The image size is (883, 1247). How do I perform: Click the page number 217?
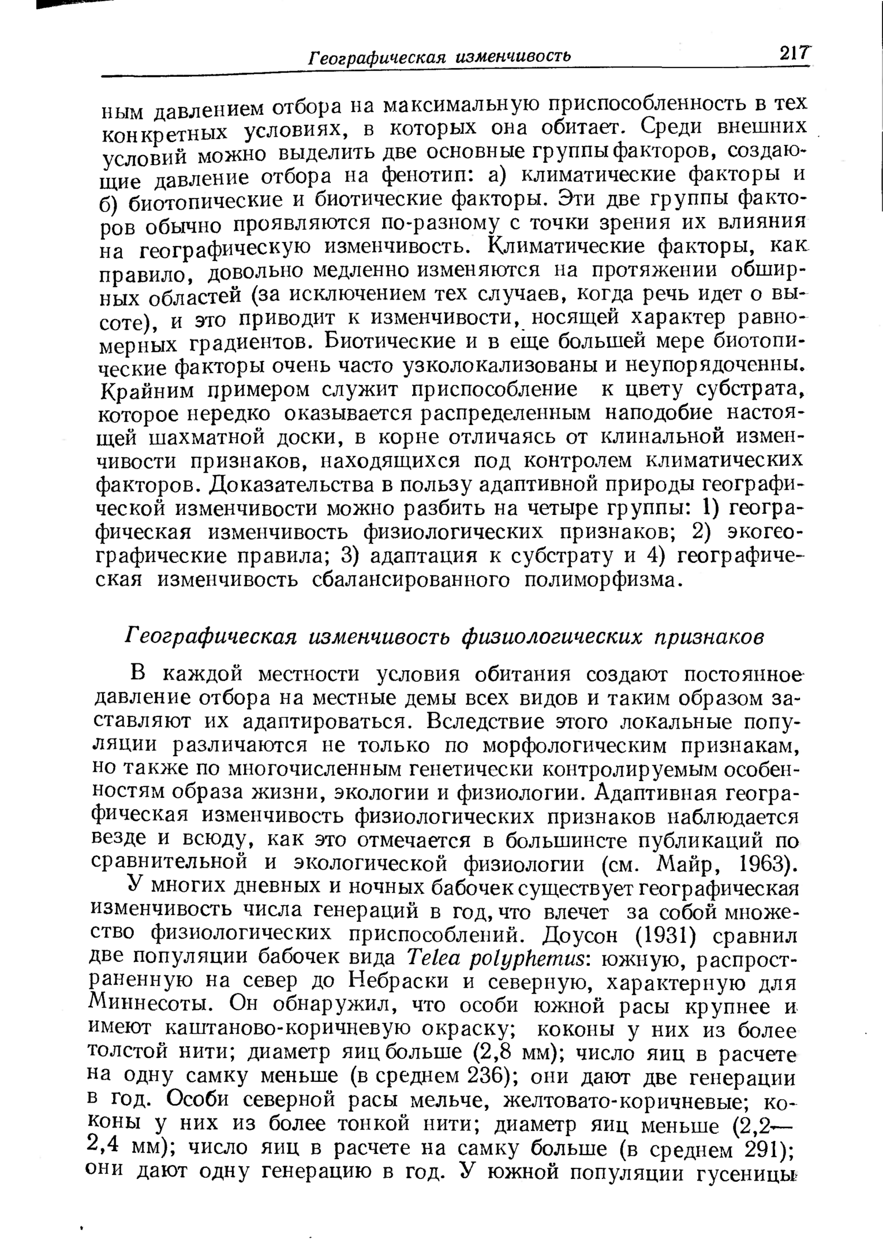coord(794,54)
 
